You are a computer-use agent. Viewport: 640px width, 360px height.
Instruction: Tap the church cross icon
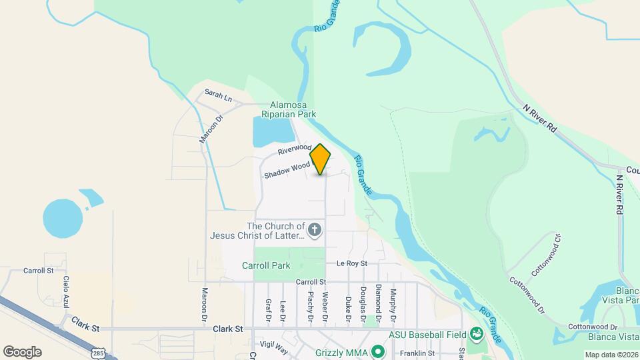(x=315, y=231)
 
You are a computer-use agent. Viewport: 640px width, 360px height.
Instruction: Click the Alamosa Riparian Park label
(x=293, y=109)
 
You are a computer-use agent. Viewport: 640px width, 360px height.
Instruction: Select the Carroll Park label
(x=266, y=265)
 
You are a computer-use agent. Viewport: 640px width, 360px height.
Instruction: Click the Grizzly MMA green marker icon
(x=378, y=350)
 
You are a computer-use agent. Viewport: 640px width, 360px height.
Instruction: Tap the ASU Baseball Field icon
(x=476, y=333)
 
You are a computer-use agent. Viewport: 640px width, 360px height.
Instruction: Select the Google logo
(x=22, y=351)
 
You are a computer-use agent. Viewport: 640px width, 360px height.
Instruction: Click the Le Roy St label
(x=352, y=263)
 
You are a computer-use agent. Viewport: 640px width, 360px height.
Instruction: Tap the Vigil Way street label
(x=273, y=347)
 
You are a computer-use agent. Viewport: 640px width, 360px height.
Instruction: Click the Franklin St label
(x=417, y=353)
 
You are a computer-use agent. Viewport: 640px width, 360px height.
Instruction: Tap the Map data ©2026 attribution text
(x=611, y=355)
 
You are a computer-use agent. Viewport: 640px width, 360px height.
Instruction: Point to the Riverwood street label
(x=294, y=149)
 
